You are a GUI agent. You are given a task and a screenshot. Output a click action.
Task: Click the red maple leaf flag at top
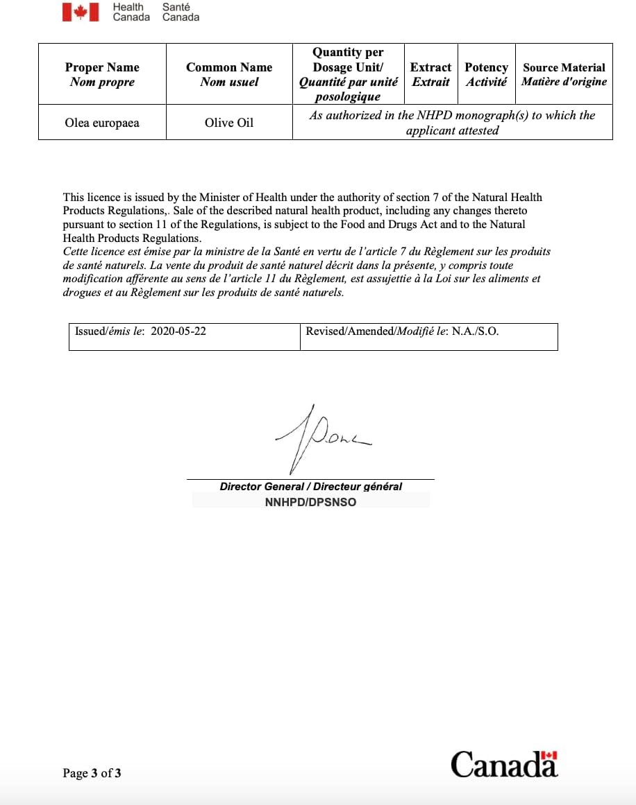pyautogui.click(x=81, y=12)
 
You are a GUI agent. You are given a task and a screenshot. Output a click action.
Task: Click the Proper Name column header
pyautogui.click(x=102, y=74)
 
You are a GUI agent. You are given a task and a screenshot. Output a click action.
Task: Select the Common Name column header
pyautogui.click(x=229, y=74)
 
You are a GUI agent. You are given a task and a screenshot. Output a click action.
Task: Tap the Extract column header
pyautogui.click(x=430, y=74)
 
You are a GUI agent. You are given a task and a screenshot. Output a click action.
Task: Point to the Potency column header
pyautogui.click(x=486, y=74)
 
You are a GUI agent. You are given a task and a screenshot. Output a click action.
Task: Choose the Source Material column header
pyautogui.click(x=564, y=74)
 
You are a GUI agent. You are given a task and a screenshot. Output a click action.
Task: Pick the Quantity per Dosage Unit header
pyautogui.click(x=348, y=74)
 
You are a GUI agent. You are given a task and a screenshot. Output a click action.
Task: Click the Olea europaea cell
pyautogui.click(x=102, y=123)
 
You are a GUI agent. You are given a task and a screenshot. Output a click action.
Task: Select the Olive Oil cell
pyautogui.click(x=229, y=123)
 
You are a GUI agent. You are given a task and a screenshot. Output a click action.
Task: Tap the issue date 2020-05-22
pyautogui.click(x=178, y=331)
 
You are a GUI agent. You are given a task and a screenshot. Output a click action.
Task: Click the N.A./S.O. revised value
pyautogui.click(x=476, y=331)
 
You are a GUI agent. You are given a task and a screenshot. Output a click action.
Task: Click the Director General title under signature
pyautogui.click(x=310, y=487)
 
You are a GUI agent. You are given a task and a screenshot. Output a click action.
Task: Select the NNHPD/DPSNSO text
pyautogui.click(x=310, y=502)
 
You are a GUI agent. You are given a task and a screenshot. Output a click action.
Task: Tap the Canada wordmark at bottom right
pyautogui.click(x=504, y=764)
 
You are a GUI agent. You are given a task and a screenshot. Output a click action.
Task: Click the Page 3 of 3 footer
pyautogui.click(x=92, y=773)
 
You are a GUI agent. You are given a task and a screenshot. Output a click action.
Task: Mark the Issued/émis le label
pyautogui.click(x=110, y=331)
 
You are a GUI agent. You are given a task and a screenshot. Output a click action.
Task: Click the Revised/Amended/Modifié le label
pyautogui.click(x=377, y=331)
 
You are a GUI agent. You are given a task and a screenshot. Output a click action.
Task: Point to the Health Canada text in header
pyautogui.click(x=131, y=12)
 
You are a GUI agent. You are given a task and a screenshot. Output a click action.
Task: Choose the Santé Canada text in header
pyautogui.click(x=181, y=12)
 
